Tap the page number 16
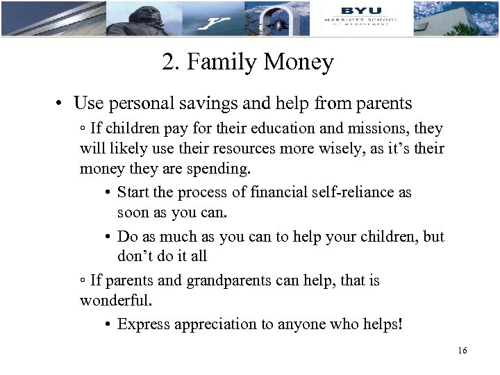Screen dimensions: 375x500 (462, 351)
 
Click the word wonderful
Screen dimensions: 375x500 (115, 301)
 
